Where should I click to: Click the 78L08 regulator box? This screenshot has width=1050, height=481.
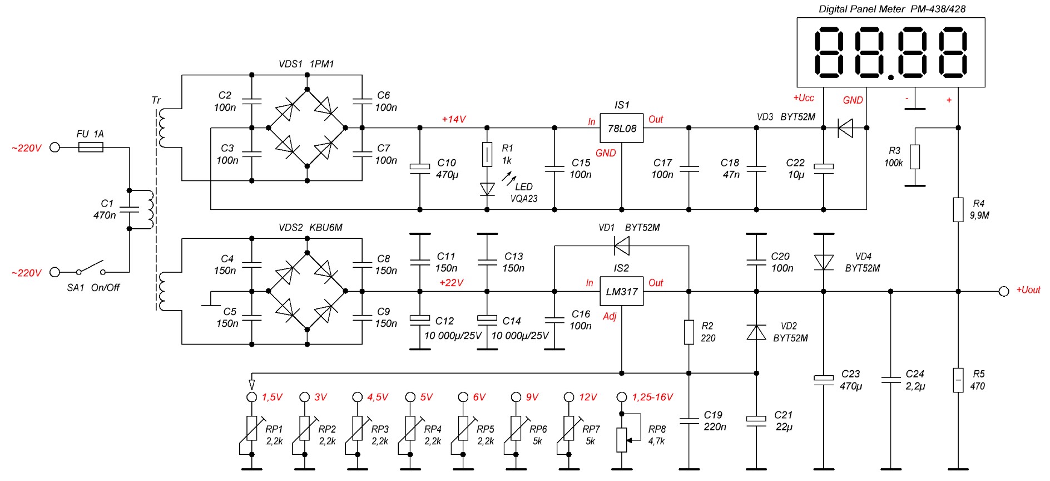point(622,129)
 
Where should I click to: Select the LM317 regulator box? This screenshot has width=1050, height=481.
point(622,291)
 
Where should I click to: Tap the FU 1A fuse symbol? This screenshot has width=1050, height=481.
point(91,148)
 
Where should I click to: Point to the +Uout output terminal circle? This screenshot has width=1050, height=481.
point(1004,291)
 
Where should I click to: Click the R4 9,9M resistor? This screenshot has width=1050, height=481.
point(958,210)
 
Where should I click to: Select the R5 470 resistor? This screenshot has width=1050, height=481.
point(958,380)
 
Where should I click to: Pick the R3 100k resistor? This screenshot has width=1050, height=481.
point(915,157)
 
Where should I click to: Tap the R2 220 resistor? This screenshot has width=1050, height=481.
point(689,332)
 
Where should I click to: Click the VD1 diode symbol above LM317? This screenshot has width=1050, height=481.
point(622,245)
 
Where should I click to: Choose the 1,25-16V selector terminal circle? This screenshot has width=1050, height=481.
point(622,397)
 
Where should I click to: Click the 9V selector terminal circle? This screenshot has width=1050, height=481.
point(516,397)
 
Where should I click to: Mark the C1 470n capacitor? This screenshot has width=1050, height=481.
point(130,209)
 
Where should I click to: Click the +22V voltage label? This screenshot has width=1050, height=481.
point(451,283)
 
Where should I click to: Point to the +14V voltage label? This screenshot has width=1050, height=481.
point(454,119)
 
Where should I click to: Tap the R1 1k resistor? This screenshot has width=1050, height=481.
point(487,155)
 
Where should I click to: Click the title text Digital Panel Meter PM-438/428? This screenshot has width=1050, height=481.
point(892,9)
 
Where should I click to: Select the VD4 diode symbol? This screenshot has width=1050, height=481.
point(824,262)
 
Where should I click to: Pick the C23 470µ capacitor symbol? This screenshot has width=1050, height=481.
point(824,380)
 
